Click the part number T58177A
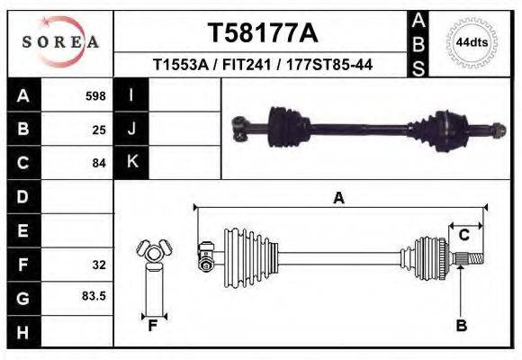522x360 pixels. coord(263,33)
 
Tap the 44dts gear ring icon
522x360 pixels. coord(471,42)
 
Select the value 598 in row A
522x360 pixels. coord(95,95)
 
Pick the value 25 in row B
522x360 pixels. coord(99,129)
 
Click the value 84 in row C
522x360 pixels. coord(99,163)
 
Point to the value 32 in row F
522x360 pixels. coord(99,265)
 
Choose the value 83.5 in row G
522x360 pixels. coord(95,295)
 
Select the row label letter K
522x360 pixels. coord(131,162)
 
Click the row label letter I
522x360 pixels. coord(131,94)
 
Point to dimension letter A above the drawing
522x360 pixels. coord(338,198)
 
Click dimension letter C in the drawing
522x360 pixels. coord(464,235)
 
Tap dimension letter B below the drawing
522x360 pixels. coord(461,326)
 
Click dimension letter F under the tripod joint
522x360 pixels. coord(153,326)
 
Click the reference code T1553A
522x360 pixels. coord(183,65)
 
